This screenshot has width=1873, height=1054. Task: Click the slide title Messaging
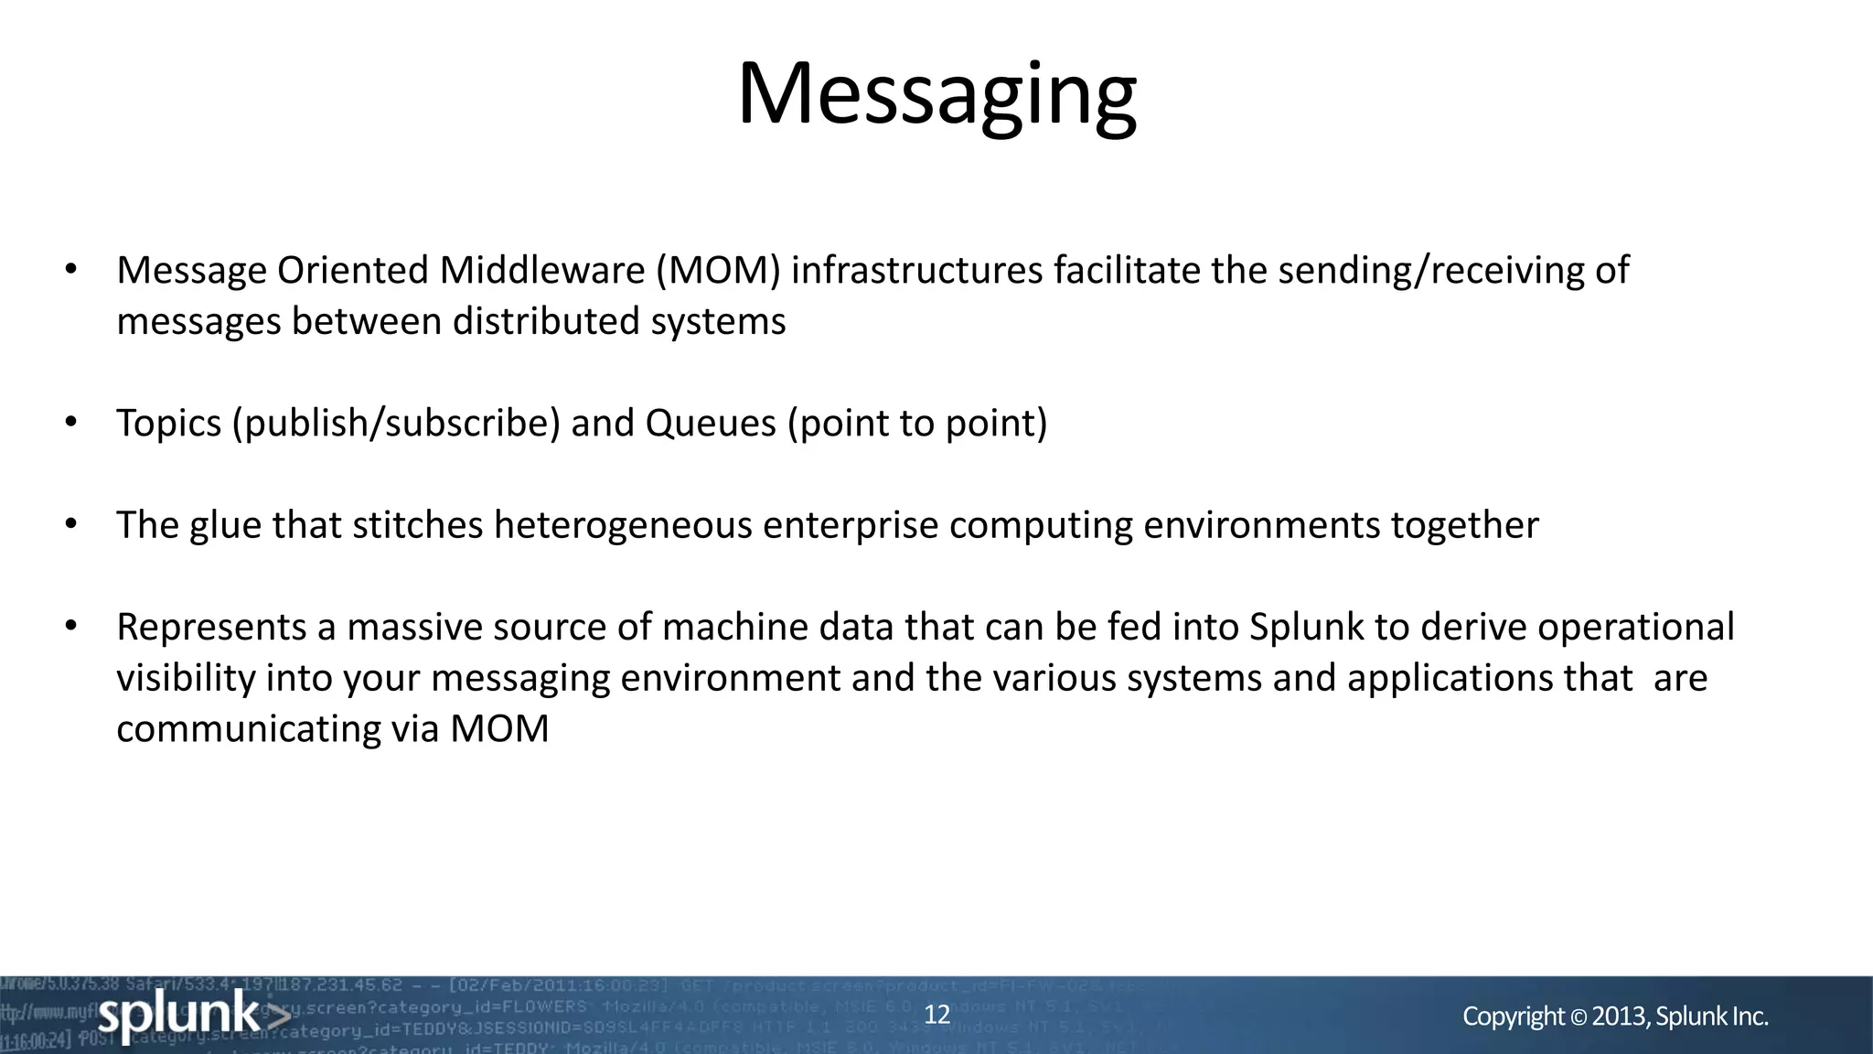936,95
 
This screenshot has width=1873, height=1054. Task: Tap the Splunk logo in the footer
193,1015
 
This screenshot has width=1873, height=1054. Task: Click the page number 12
937,1015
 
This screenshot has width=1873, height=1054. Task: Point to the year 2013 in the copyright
1620,1016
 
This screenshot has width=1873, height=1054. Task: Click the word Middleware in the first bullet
542,271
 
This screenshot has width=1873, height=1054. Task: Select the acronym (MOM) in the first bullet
718,271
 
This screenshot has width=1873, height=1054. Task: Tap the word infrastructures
916,271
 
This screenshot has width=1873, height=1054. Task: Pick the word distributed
545,322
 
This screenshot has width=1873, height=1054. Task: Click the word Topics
169,424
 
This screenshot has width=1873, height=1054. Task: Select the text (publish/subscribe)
396,424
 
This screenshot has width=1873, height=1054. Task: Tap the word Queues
711,424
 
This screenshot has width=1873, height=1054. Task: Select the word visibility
186,679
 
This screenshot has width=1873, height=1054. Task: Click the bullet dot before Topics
70,423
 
